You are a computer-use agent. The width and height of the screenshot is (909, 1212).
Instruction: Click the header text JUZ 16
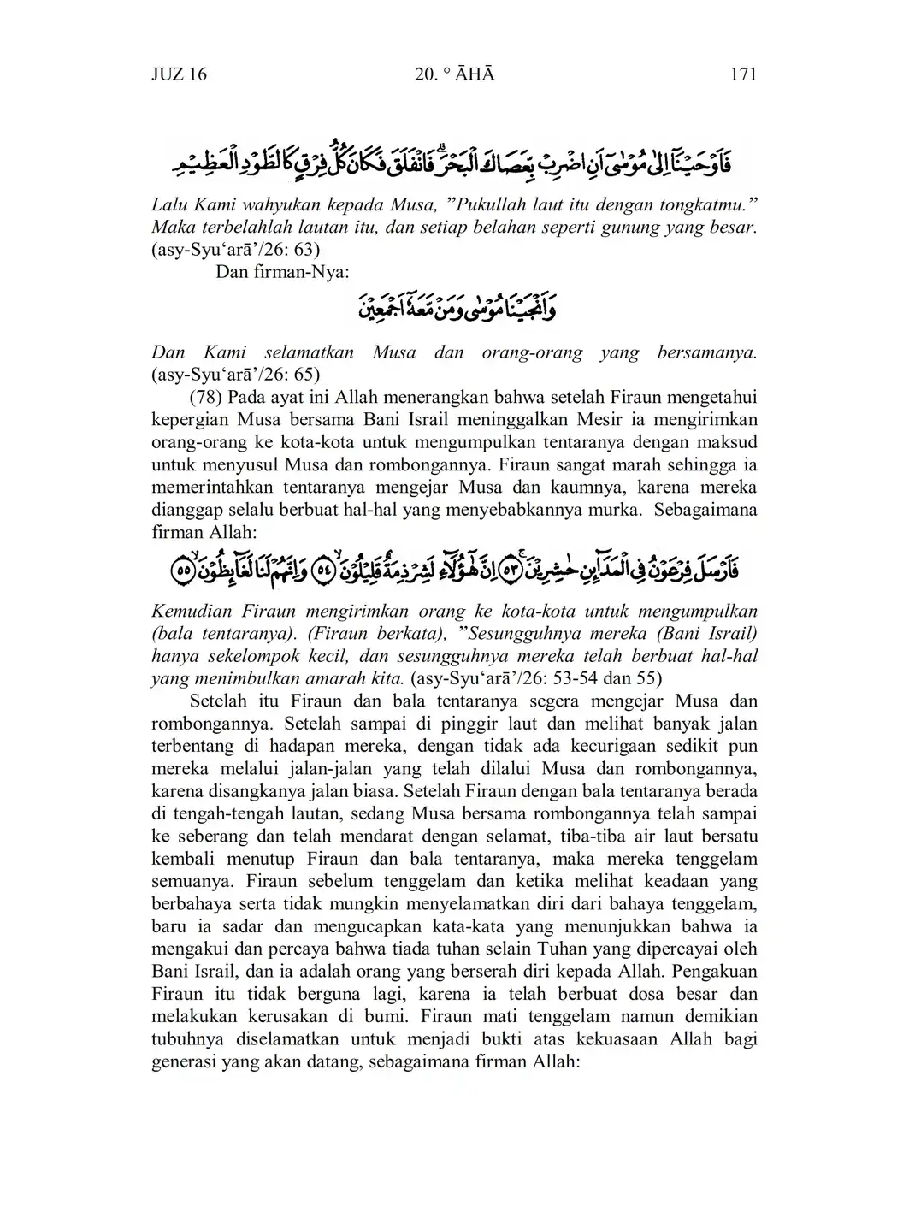point(179,74)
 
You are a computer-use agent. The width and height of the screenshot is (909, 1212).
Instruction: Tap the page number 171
point(743,74)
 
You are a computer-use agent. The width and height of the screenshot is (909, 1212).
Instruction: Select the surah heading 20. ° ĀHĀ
point(454,74)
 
